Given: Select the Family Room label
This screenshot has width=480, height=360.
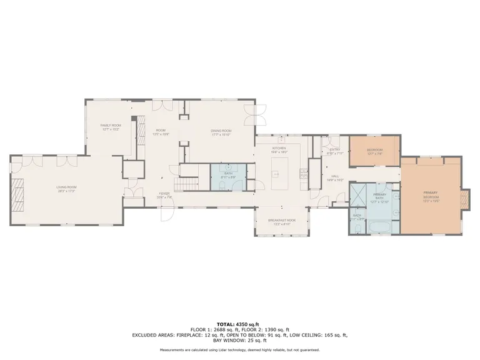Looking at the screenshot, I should [x=111, y=127].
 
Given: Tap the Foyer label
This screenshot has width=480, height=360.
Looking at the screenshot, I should [x=164, y=195].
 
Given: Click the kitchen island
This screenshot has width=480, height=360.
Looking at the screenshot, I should [x=279, y=173].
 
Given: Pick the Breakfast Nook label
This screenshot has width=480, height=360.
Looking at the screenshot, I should [x=281, y=221].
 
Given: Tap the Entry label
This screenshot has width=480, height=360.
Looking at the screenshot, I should [x=335, y=151].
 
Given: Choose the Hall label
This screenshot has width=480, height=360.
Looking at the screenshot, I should [x=334, y=178].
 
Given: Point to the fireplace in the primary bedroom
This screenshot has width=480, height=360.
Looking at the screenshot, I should [x=463, y=199].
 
